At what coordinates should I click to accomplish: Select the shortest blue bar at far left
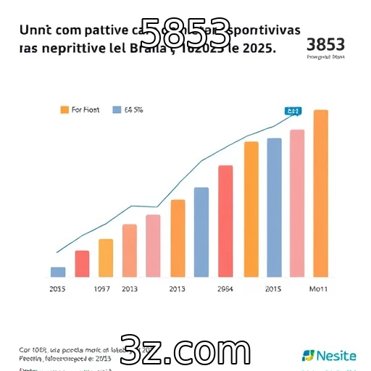tap(58, 272)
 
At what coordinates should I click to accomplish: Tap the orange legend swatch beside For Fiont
tap(64, 110)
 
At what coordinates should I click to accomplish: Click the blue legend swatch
tap(117, 110)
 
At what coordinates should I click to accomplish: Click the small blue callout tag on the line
tap(293, 112)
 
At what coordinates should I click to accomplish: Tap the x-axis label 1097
tap(101, 289)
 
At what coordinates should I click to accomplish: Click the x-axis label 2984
tap(225, 289)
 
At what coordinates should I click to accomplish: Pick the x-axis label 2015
tap(273, 289)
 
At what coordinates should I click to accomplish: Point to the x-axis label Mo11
tap(319, 289)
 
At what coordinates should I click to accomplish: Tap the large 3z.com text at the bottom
tap(185, 351)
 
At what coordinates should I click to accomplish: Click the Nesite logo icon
tap(309, 355)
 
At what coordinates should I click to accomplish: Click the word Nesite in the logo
tap(337, 355)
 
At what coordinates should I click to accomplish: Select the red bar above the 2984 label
tap(225, 221)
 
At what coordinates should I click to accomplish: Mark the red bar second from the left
tap(82, 264)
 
